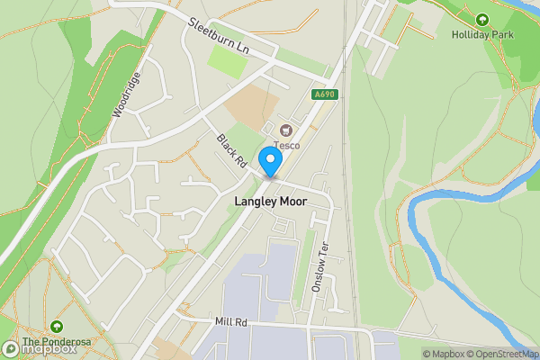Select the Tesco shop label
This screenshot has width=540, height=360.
(x=288, y=146)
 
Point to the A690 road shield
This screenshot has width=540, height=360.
(x=325, y=94)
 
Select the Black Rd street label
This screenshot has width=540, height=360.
(x=231, y=151)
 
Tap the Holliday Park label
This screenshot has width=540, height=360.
(x=481, y=34)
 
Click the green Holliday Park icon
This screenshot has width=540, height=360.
(x=481, y=19)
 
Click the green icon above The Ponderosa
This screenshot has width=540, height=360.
(x=57, y=326)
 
